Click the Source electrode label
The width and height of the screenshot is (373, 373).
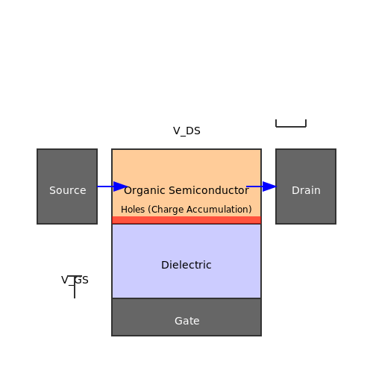tap(68, 190)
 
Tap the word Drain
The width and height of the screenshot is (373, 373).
tap(306, 190)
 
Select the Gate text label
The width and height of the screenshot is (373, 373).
tap(187, 321)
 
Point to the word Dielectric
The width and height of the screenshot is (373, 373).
tap(186, 265)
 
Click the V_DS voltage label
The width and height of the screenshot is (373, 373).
tap(186, 131)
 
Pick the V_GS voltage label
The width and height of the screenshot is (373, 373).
tap(75, 280)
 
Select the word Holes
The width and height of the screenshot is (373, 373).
tap(133, 210)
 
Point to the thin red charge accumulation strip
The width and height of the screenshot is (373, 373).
tap(186, 220)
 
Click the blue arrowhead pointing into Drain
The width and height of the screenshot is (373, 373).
tap(269, 186)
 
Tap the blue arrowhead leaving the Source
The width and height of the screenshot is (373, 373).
tap(120, 186)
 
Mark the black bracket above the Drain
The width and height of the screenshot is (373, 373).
tap(291, 126)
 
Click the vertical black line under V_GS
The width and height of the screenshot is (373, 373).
tap(75, 286)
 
